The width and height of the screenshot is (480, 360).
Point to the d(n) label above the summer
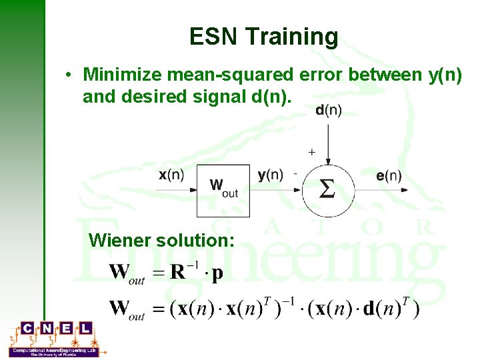pyautogui.click(x=328, y=111)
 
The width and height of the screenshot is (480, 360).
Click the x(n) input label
pyautogui.click(x=172, y=175)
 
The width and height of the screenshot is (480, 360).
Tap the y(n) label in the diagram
pyautogui.click(x=270, y=175)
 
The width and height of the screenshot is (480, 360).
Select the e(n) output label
pyautogui.click(x=389, y=176)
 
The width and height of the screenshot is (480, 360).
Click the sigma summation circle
pyautogui.click(x=327, y=190)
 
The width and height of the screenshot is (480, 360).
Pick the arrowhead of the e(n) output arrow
pyautogui.click(x=403, y=190)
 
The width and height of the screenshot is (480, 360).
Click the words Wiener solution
pyautogui.click(x=161, y=239)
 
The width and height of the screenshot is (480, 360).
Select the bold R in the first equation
pyautogui.click(x=178, y=273)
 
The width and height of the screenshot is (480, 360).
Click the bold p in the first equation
pyautogui.click(x=217, y=274)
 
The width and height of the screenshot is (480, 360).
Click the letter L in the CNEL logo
pyautogui.click(x=85, y=329)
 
